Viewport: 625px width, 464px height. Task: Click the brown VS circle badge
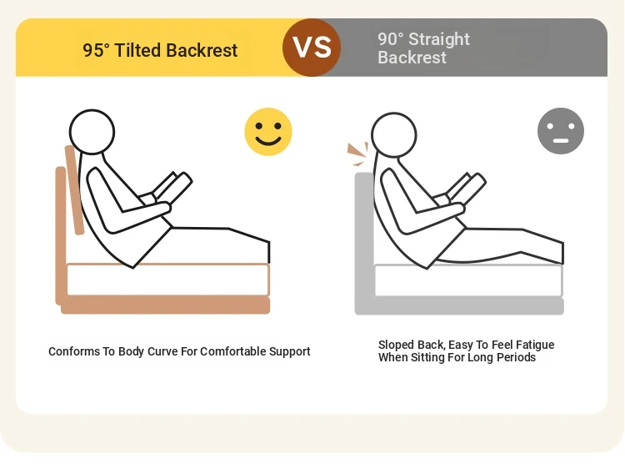(312, 48)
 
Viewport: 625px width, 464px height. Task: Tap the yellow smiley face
(268, 131)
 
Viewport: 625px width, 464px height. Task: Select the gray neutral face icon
(561, 131)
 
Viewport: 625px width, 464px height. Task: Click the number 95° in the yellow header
(96, 51)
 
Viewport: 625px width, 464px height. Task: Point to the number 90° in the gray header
(391, 39)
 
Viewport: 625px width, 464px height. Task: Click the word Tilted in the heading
(137, 51)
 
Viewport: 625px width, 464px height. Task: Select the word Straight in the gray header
(439, 39)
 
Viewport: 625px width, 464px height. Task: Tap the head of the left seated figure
(92, 132)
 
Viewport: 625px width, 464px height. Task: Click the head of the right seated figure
(394, 135)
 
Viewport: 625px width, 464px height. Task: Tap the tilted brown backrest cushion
(74, 190)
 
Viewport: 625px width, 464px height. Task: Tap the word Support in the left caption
(290, 352)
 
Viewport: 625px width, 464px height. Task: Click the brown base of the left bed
(166, 305)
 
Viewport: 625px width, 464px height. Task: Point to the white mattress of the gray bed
(468, 280)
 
